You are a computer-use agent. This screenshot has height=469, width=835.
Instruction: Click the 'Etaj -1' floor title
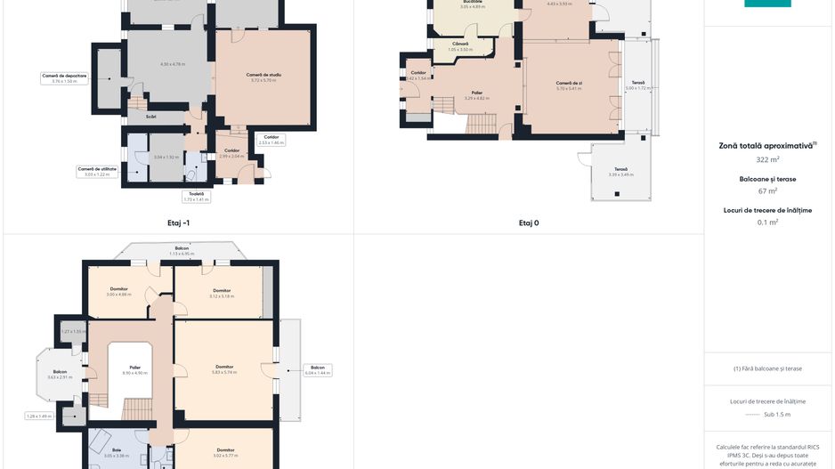178,222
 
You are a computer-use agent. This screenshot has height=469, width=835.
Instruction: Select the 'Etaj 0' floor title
529,222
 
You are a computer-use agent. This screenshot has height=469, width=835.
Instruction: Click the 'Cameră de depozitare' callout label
65,78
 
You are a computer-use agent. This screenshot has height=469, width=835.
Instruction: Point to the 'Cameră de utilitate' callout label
97,171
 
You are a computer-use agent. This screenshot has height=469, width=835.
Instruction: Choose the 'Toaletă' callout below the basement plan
195,196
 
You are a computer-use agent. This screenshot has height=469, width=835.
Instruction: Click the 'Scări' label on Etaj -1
151,116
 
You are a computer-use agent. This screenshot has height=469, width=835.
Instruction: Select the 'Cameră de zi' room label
568,85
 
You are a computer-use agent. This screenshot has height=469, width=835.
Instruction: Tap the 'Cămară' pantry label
459,45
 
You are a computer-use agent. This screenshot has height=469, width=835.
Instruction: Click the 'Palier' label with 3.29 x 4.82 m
477,94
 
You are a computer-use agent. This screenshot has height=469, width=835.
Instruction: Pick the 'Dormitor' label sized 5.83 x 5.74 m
224,368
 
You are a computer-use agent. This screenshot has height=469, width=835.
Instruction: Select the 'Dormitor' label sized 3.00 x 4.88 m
119,291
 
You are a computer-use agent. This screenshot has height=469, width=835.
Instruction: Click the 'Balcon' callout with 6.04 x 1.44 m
318,369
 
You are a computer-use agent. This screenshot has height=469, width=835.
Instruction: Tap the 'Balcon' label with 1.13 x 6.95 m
182,251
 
